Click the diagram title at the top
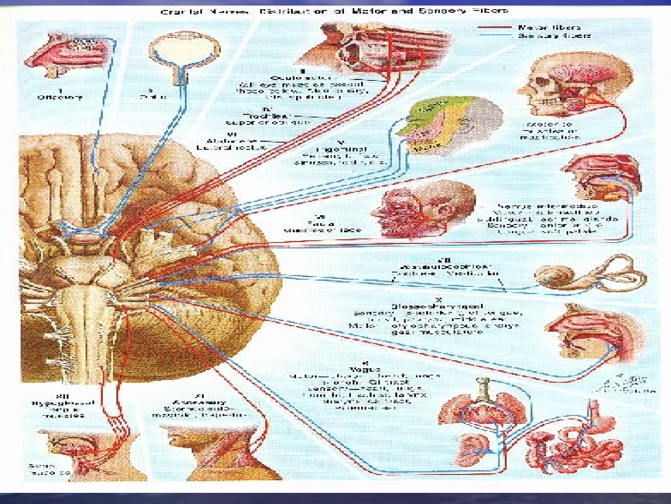[x=334, y=11]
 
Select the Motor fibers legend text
[x=549, y=28]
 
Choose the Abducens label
[x=231, y=141]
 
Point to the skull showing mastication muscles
[x=573, y=85]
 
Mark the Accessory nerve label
[x=200, y=402]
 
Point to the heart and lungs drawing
[x=482, y=413]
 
